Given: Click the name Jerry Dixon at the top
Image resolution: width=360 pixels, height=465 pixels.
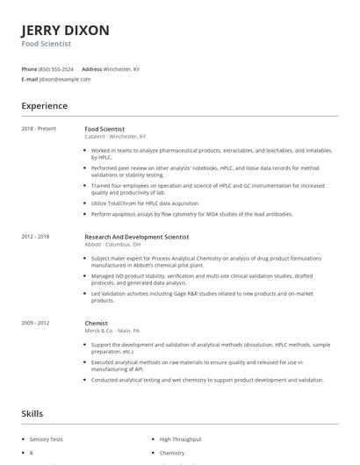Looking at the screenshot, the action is click(x=66, y=31).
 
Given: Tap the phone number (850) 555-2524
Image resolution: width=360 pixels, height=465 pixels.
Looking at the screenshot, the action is click(x=57, y=68).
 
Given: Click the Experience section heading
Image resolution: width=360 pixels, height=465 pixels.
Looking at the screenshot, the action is click(x=45, y=106).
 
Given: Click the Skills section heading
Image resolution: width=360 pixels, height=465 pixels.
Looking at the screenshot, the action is click(x=32, y=413).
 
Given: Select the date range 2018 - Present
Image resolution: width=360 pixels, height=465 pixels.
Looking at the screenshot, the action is click(x=39, y=129).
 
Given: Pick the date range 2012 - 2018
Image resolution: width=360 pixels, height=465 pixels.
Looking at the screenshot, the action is click(x=36, y=236).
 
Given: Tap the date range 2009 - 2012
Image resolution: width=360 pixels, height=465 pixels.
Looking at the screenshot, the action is click(x=36, y=323).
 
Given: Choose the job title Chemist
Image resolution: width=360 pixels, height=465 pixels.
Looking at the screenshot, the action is click(x=96, y=323).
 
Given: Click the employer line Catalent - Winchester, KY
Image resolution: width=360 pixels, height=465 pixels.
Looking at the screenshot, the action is click(x=115, y=137).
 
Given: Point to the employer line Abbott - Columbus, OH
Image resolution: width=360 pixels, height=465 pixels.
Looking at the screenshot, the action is click(x=112, y=244).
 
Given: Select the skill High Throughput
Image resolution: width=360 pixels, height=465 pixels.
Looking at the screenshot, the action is click(x=181, y=438).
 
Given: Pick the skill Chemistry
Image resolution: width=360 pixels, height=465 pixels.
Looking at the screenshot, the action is click(x=172, y=454).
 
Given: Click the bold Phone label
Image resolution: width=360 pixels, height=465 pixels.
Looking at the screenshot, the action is click(x=29, y=68).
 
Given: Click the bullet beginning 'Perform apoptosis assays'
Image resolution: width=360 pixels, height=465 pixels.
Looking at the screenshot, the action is click(x=191, y=214).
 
